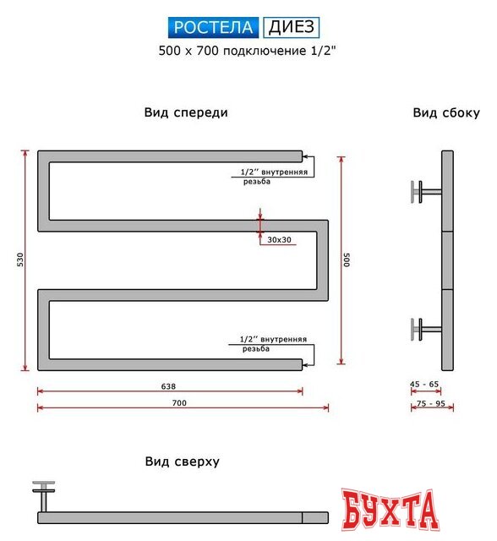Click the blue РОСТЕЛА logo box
[214, 28]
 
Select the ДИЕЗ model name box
[292, 28]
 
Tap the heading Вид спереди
[186, 112]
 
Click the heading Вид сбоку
[446, 112]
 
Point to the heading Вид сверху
[183, 462]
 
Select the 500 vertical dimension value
[347, 260]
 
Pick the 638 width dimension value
[169, 385]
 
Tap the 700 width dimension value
[179, 402]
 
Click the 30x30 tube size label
[279, 240]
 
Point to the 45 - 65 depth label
[424, 385]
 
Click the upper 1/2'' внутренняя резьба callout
[273, 177]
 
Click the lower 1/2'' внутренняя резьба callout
[273, 343]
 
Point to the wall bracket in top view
[43, 495]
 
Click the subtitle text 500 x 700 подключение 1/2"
[248, 51]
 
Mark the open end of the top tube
[300, 156]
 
